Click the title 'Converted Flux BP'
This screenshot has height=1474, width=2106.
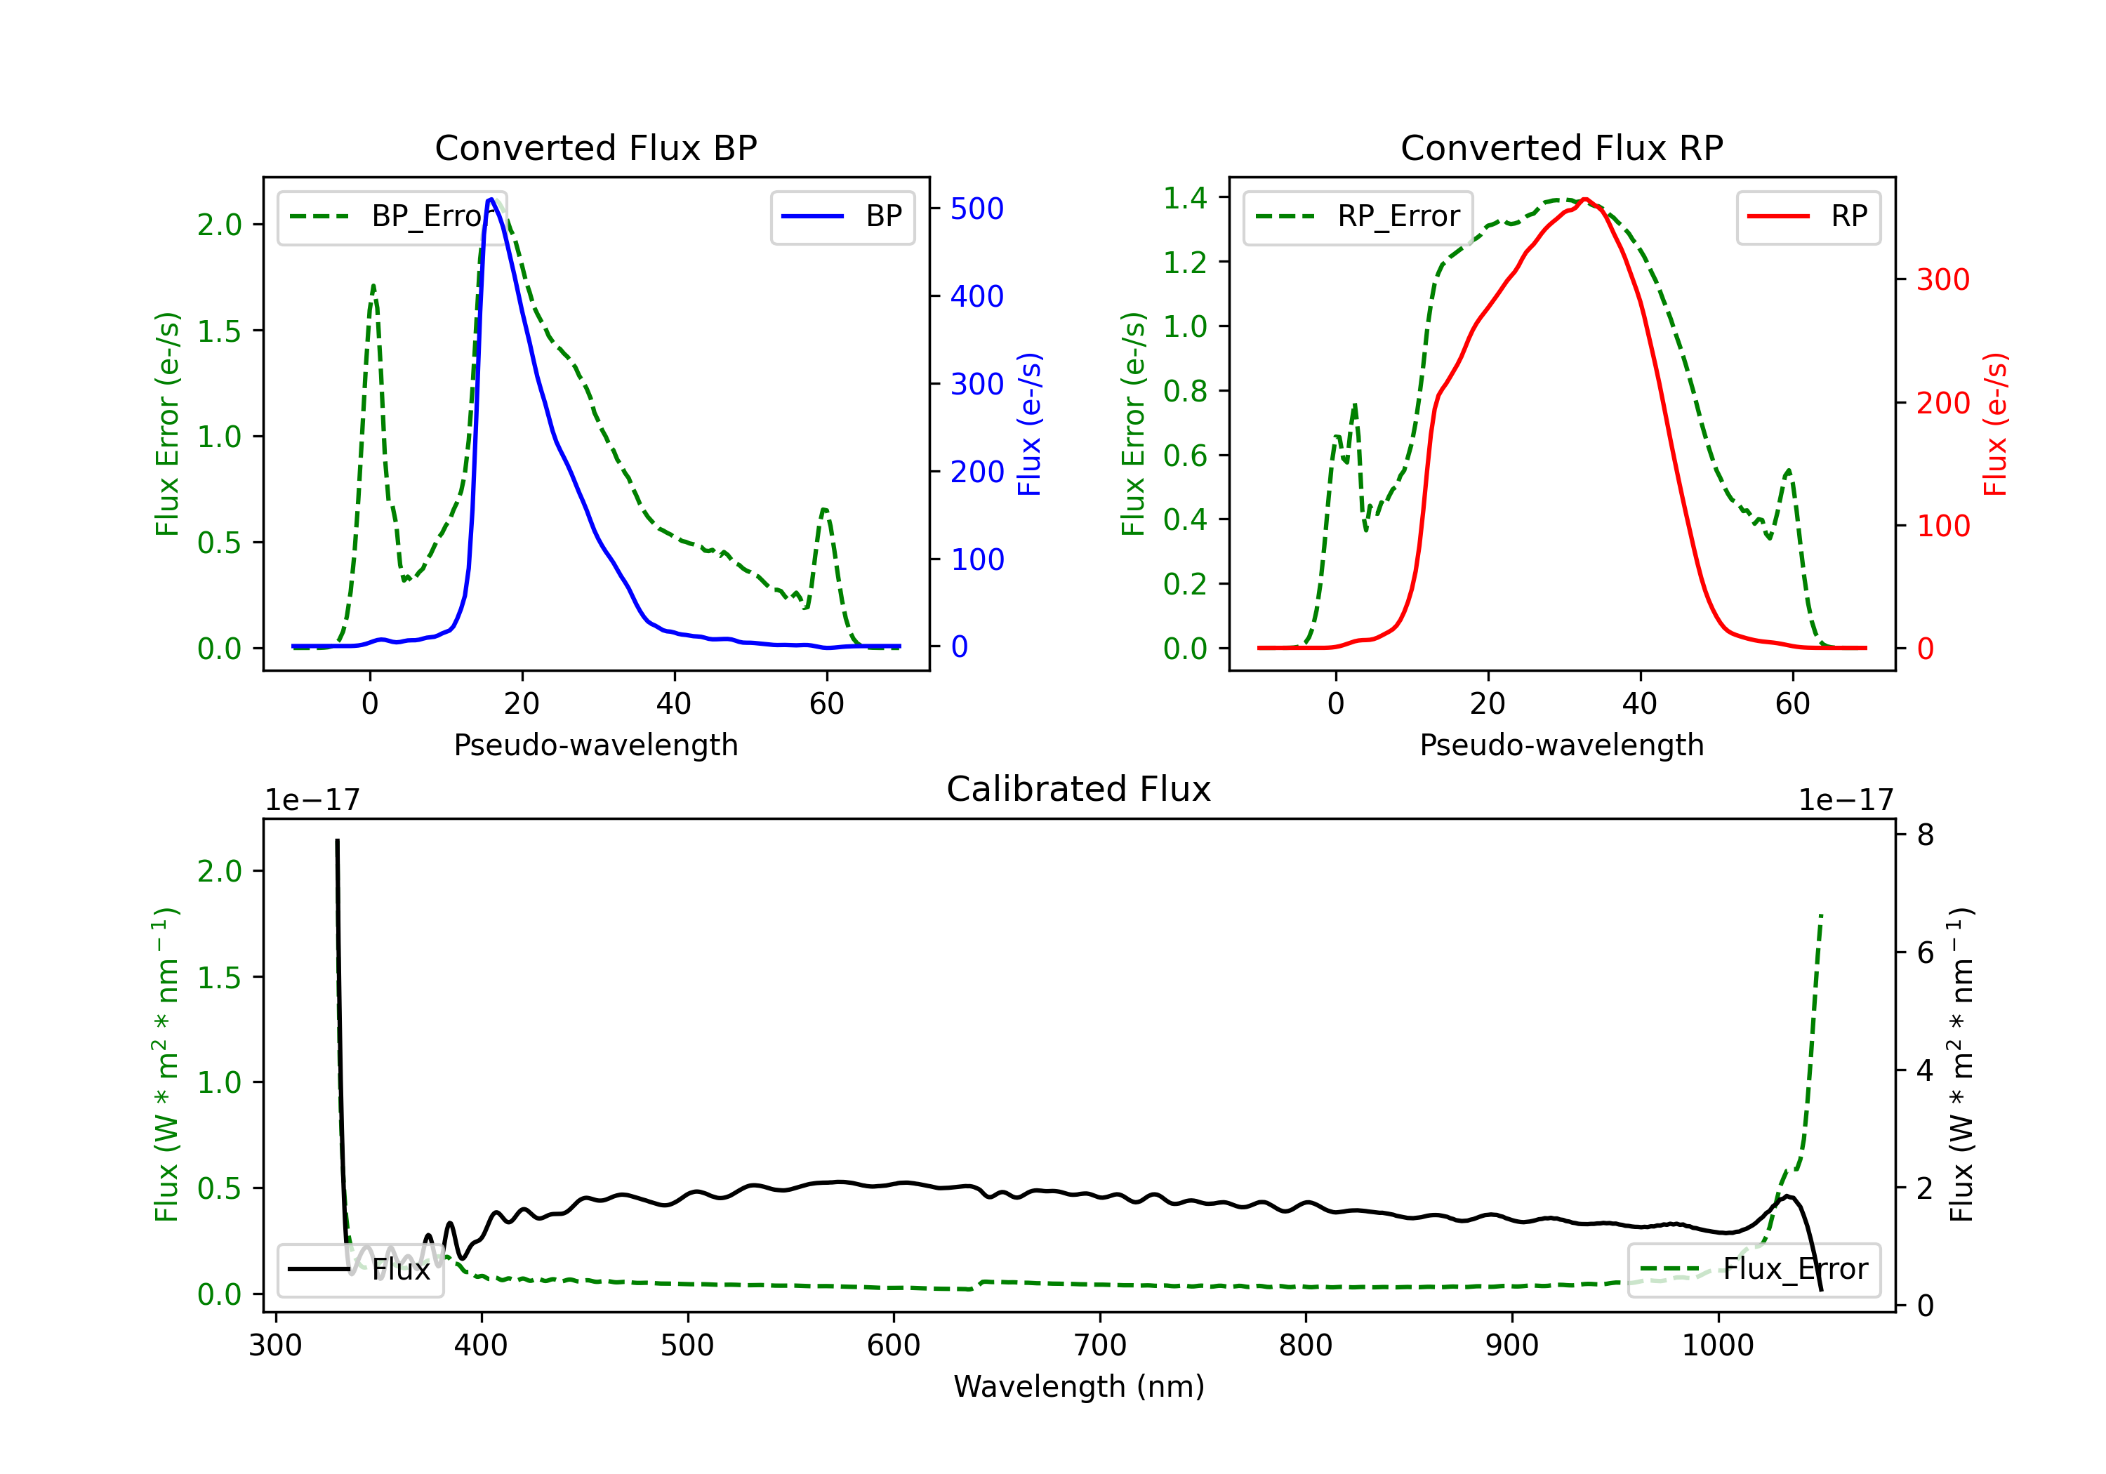tap(595, 147)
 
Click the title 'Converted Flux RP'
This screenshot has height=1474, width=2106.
tap(1561, 147)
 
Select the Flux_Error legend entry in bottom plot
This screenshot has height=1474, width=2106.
tap(1754, 1270)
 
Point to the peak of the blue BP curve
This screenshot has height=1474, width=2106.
tap(491, 199)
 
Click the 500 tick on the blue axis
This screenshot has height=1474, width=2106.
tap(977, 209)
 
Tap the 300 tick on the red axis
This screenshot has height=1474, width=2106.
tap(1942, 280)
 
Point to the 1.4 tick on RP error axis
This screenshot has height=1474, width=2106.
tap(1184, 197)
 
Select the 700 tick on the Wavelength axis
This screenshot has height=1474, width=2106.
tap(1100, 1346)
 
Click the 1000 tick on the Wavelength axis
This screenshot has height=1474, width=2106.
tap(1718, 1346)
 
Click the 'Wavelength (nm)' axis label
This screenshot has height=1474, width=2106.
tap(1079, 1386)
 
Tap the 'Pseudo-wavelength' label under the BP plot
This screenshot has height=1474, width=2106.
tap(595, 745)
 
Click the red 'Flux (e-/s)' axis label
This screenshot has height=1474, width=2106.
tap(1996, 424)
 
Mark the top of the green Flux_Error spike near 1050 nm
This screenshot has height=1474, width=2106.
tap(1821, 915)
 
